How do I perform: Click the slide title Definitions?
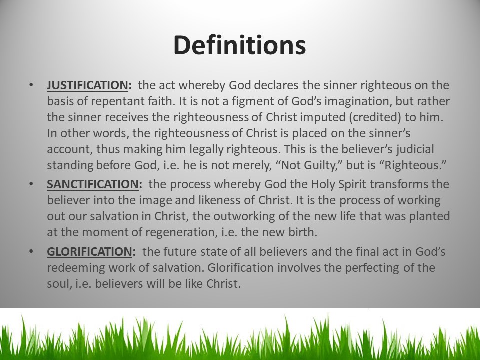(x=239, y=45)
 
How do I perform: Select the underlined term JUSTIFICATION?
(x=87, y=85)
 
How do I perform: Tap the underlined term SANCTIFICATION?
(x=93, y=184)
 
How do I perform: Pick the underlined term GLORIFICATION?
(x=89, y=251)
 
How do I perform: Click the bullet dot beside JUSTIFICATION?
(x=31, y=85)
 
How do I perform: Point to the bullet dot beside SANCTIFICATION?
(x=31, y=184)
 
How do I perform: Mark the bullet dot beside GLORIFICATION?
(x=31, y=251)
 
